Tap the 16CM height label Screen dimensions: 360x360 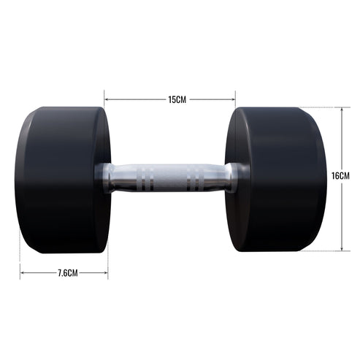tap(340, 177)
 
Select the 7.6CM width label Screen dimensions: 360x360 tap(65, 273)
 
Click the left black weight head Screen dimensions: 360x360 tap(62, 180)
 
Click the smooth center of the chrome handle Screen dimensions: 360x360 tap(169, 178)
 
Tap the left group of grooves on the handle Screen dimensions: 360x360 tap(146, 178)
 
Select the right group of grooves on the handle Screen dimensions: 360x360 tap(195, 178)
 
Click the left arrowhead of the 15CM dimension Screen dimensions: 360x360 tap(107, 99)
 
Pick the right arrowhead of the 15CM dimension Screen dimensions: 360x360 tap(233, 99)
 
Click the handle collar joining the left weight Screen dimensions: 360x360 tap(107, 178)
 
